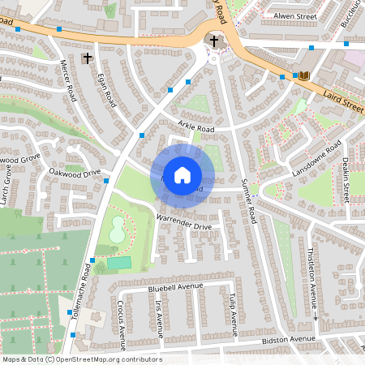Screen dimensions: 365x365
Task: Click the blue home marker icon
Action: pyautogui.click(x=182, y=174)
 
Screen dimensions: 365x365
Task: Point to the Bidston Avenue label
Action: pyautogui.click(x=288, y=339)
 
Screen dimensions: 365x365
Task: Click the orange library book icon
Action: pyautogui.click(x=304, y=76)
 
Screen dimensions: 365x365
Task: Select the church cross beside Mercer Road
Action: pyautogui.click(x=88, y=58)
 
